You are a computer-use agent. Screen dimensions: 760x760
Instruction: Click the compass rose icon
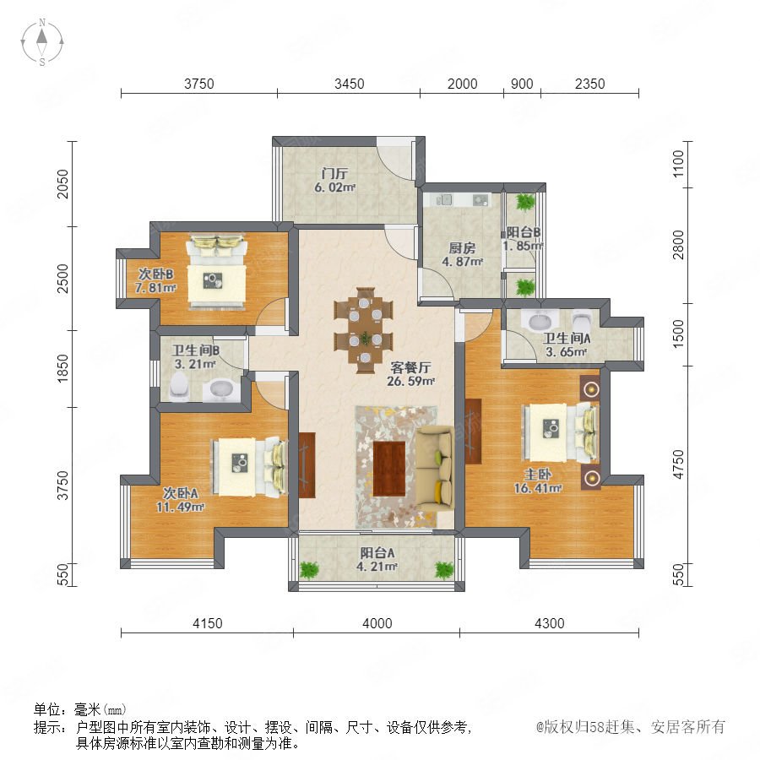click(42, 41)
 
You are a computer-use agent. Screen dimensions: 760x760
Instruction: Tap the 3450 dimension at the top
click(349, 84)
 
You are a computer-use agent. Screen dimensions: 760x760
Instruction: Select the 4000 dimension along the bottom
click(377, 623)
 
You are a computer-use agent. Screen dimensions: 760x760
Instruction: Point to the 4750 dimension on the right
click(679, 464)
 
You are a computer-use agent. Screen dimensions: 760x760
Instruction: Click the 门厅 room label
click(335, 173)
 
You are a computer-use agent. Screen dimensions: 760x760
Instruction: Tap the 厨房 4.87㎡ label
click(462, 254)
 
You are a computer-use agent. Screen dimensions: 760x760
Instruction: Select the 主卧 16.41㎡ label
click(538, 480)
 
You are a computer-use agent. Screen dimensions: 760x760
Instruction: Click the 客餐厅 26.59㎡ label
click(410, 374)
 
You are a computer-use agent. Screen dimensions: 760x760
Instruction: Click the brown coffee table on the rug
click(389, 468)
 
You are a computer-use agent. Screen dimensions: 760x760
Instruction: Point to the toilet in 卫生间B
click(179, 387)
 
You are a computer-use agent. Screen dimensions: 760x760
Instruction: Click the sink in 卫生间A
click(539, 321)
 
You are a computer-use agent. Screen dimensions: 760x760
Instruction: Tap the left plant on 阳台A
click(309, 569)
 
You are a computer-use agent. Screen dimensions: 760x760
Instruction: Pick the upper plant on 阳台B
click(525, 202)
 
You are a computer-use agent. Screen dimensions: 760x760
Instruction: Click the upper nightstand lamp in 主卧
click(591, 388)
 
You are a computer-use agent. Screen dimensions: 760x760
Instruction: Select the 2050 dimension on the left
click(63, 184)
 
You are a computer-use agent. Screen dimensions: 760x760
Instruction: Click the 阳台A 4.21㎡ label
click(377, 559)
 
